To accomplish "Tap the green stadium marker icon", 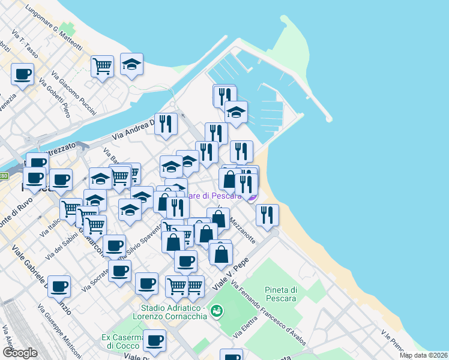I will click(x=217, y=310).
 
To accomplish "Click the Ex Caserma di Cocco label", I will click(x=120, y=341).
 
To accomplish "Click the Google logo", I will click(x=20, y=352).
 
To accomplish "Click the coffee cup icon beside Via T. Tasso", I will click(x=22, y=75).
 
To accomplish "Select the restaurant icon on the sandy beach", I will click(x=267, y=215).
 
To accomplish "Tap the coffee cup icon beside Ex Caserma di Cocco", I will click(x=154, y=341).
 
